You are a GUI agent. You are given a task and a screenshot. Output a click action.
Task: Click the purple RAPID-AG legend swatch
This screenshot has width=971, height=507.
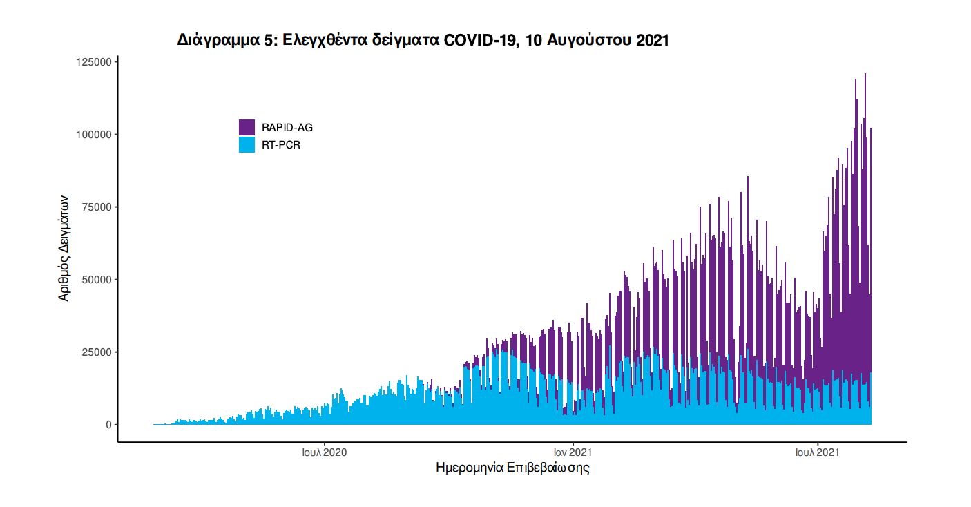click(x=247, y=127)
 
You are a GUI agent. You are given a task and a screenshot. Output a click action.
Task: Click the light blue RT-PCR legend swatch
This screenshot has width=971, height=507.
click(x=247, y=144)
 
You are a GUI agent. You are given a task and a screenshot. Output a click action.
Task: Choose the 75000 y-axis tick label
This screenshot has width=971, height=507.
click(x=95, y=207)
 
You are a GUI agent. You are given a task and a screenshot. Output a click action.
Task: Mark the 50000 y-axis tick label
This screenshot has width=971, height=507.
click(x=95, y=280)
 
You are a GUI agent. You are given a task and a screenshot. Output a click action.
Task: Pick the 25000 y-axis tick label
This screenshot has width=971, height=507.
click(x=95, y=352)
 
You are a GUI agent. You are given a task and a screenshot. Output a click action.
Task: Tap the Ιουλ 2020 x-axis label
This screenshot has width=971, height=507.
click(x=324, y=453)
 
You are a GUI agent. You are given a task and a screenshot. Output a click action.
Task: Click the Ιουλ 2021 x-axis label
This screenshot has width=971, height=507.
click(x=818, y=453)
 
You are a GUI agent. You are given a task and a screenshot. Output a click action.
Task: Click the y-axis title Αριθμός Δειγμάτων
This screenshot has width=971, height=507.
click(x=64, y=246)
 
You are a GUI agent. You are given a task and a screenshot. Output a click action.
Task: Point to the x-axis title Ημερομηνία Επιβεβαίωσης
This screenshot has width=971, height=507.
click(x=512, y=468)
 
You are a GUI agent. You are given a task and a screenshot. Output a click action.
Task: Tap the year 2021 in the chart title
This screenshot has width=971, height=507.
click(x=653, y=41)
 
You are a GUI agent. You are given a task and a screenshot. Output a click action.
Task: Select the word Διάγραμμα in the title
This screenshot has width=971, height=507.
click(x=217, y=41)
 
